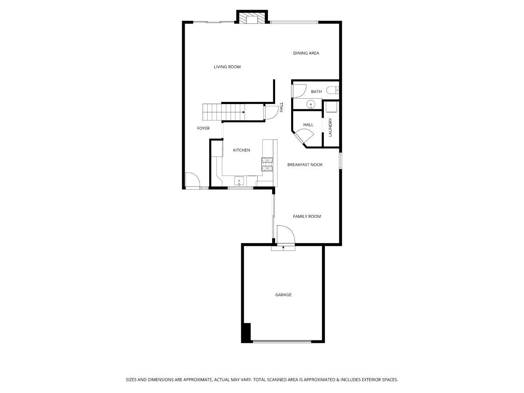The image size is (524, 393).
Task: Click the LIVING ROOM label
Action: [x=227, y=67]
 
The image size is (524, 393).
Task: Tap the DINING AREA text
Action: [x=306, y=53]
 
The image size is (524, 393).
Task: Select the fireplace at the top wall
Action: [x=252, y=17]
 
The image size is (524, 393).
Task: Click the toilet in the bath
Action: [x=333, y=90]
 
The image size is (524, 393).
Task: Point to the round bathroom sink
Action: [x=311, y=104]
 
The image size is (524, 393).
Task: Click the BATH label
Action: [x=316, y=92]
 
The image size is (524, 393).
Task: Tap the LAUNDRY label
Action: [x=330, y=127]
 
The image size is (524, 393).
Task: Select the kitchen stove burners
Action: [x=267, y=164]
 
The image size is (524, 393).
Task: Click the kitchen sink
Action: [x=239, y=181]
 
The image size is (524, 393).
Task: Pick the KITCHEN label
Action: [x=242, y=150]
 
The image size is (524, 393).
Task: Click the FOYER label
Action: [x=203, y=128]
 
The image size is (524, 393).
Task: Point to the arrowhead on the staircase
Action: [x=243, y=112]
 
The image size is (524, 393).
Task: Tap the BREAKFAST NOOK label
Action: [x=305, y=164]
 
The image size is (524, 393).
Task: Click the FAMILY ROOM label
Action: [x=307, y=217]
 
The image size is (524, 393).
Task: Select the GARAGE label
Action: [x=283, y=295]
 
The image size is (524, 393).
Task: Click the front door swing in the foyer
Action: [x=193, y=180]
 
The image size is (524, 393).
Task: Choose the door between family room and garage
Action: [x=286, y=235]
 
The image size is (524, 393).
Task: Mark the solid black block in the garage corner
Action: [x=246, y=333]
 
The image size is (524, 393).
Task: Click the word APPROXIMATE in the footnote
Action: [x=198, y=380]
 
